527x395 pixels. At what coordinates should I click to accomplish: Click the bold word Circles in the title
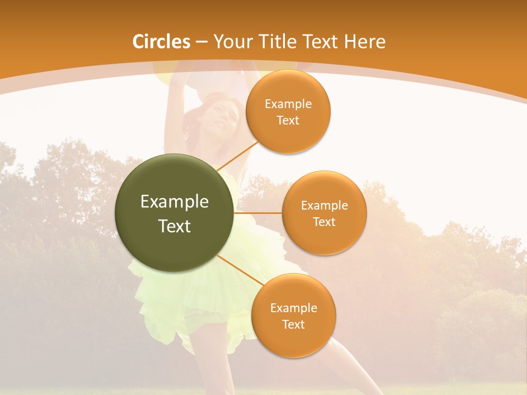161,42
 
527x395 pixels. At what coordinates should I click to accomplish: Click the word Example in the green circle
175,202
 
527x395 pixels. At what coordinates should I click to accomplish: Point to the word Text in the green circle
175,226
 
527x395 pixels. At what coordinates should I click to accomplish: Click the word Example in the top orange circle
288,104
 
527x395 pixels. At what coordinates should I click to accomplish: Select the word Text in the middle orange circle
324,222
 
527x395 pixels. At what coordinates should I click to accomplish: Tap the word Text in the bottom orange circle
294,325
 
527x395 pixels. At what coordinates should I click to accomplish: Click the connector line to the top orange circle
237,156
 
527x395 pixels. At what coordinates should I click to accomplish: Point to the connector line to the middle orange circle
258,213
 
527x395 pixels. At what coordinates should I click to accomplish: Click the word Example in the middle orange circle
324,206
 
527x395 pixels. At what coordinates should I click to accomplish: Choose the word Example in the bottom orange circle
294,308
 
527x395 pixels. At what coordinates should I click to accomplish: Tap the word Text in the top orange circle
288,121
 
